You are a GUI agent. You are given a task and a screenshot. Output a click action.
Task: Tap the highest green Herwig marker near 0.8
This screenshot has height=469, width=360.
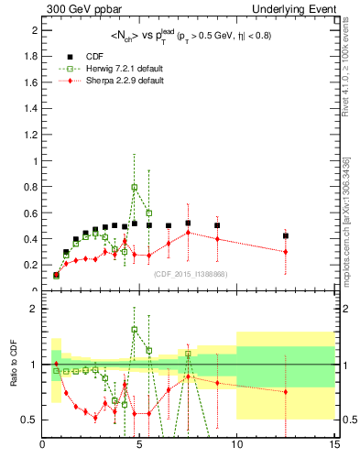(135, 187)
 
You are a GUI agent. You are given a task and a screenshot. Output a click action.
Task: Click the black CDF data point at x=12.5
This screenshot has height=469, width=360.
(286, 235)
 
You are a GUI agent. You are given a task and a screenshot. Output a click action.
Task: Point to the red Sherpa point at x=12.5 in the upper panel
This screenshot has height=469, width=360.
(286, 252)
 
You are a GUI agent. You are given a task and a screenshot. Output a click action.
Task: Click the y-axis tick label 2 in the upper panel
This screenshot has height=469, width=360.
(34, 30)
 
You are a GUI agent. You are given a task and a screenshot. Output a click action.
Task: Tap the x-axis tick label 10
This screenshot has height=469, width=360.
(236, 446)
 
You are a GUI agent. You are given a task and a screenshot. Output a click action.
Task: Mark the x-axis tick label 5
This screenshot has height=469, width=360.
(139, 446)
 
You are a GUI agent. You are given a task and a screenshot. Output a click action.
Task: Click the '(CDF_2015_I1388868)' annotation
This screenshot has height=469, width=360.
(190, 274)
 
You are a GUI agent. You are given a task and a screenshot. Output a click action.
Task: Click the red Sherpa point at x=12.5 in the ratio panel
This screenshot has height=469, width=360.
(286, 392)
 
